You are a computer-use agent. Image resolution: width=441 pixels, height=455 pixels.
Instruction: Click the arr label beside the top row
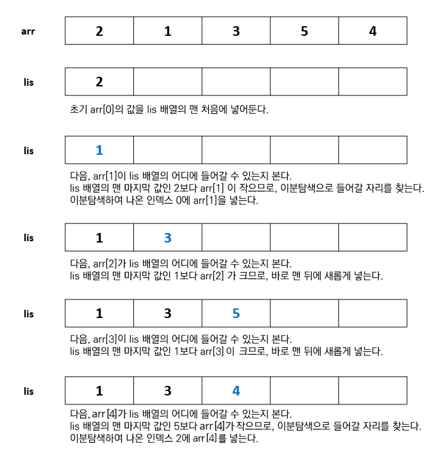28,30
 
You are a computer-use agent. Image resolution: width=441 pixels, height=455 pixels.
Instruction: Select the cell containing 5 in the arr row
304,31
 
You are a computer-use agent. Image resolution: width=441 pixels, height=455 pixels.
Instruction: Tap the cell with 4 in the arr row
372,31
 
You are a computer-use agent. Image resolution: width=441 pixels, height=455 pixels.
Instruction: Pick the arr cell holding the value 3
236,31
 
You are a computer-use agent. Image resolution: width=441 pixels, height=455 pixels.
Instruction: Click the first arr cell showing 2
99,31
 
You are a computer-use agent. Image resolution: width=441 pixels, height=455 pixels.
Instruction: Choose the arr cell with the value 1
168,31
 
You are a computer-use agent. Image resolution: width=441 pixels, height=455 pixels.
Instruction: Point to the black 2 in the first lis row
99,82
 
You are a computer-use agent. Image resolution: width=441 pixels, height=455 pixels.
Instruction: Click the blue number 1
99,150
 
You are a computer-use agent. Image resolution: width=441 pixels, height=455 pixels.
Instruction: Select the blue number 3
168,237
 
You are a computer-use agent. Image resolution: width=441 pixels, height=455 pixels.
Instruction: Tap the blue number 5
236,314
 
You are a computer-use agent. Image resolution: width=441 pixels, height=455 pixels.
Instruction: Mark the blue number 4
236,390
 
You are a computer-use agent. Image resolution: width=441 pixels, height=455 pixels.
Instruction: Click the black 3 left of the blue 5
168,314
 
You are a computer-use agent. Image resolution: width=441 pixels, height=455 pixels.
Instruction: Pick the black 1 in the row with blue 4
99,390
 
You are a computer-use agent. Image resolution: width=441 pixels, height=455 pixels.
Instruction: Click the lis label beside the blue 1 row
28,150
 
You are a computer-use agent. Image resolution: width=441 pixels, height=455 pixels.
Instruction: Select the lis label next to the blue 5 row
28,314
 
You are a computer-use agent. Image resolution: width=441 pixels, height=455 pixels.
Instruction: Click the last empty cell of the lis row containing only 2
372,82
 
